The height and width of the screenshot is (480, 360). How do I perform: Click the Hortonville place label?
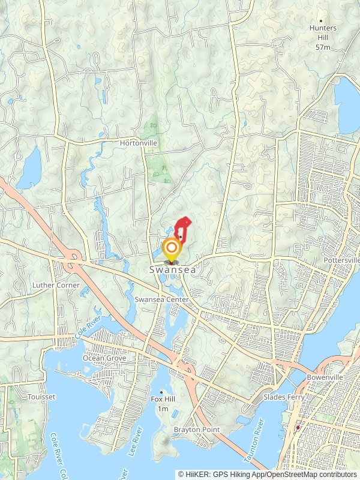pyautogui.click(x=138, y=143)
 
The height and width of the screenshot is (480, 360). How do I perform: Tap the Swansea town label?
pyautogui.click(x=172, y=271)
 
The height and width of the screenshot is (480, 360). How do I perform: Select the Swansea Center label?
pyautogui.click(x=162, y=299)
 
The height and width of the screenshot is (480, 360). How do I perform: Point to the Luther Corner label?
pyautogui.click(x=56, y=285)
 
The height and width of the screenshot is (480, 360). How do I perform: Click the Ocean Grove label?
pyautogui.click(x=104, y=358)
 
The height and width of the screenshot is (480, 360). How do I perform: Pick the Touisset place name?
pyautogui.click(x=41, y=397)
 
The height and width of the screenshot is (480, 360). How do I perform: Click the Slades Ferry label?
pyautogui.click(x=283, y=397)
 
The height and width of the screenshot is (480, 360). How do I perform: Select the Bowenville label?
pyautogui.click(x=324, y=378)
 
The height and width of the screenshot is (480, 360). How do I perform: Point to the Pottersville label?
pyautogui.click(x=341, y=260)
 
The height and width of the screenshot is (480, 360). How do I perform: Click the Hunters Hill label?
pyautogui.click(x=323, y=32)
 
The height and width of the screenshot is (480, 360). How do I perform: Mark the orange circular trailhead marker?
pyautogui.click(x=172, y=247)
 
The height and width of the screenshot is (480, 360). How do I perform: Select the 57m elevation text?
pyautogui.click(x=323, y=47)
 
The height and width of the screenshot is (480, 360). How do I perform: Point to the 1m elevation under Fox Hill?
pyautogui.click(x=161, y=409)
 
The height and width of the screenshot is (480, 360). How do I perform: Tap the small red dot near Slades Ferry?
pyautogui.click(x=298, y=427)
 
